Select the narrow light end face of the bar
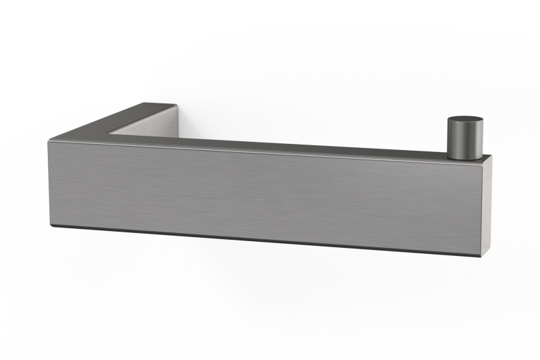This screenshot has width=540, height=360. pyautogui.click(x=486, y=206)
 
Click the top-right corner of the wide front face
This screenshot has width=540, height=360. pyautogui.click(x=481, y=162)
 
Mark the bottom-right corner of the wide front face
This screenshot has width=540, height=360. pyautogui.click(x=481, y=255)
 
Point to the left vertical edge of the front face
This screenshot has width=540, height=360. pyautogui.click(x=49, y=182)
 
